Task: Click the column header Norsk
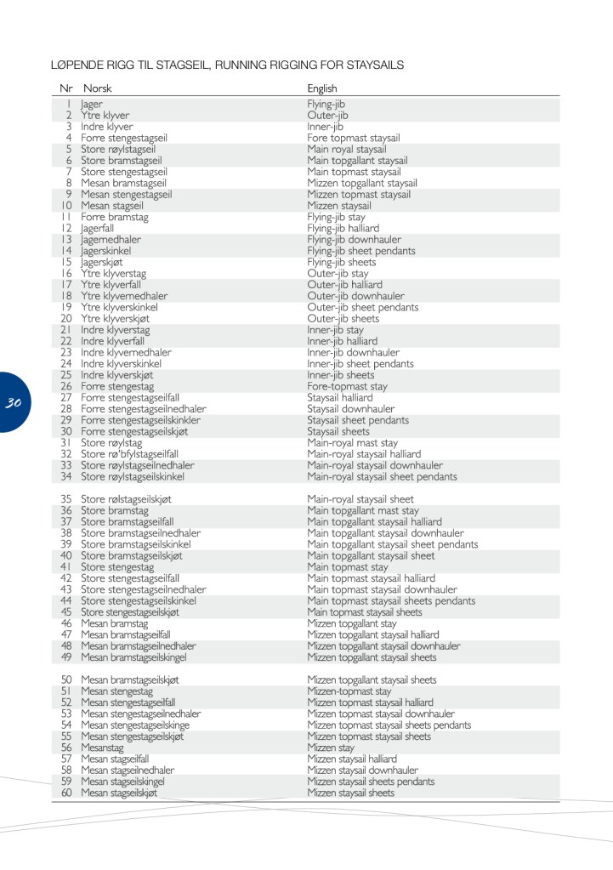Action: pyautogui.click(x=97, y=88)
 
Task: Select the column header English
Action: pyautogui.click(x=322, y=88)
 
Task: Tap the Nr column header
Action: pyautogui.click(x=66, y=88)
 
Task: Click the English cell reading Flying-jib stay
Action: pyautogui.click(x=336, y=217)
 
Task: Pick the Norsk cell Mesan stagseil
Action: pyautogui.click(x=112, y=206)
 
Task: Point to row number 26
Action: pyautogui.click(x=66, y=386)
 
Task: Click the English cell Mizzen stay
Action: pyautogui.click(x=331, y=748)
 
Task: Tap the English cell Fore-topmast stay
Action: pyautogui.click(x=347, y=386)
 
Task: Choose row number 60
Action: pyautogui.click(x=66, y=793)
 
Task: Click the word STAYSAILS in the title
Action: pyautogui.click(x=372, y=65)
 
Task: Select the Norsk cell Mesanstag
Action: pyautogui.click(x=104, y=748)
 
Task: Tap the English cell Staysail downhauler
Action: pyautogui.click(x=350, y=408)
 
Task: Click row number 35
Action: pyautogui.click(x=66, y=499)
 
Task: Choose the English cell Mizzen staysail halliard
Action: pyautogui.click(x=352, y=759)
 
